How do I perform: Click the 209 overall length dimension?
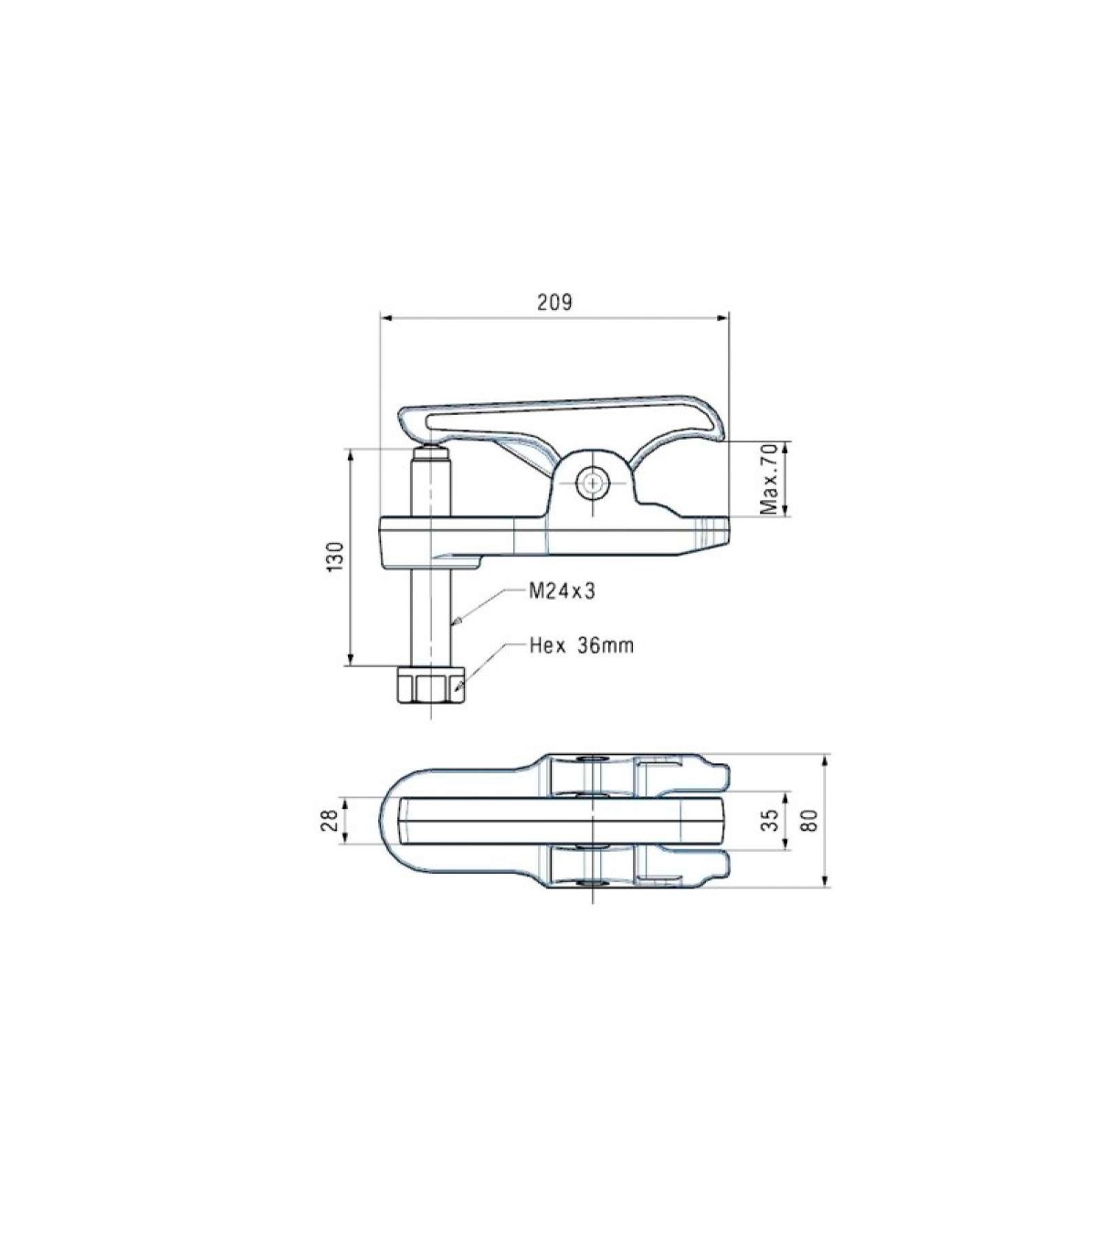point(554,303)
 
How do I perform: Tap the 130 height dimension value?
point(336,558)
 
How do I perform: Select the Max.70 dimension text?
point(768,479)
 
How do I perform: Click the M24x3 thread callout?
point(562,591)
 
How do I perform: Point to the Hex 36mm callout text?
point(582,645)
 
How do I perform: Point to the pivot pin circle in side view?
point(593,483)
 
